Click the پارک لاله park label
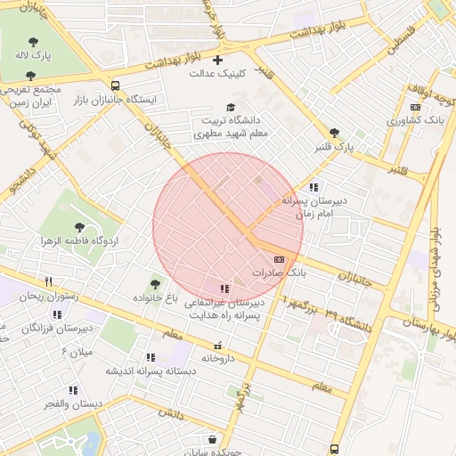[34, 55]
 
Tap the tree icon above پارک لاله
[34, 41]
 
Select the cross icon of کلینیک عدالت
[217, 60]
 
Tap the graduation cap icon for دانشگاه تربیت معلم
[231, 107]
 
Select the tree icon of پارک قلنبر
[334, 132]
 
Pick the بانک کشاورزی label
[422, 119]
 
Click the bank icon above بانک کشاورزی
[415, 107]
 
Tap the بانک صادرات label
[278, 273]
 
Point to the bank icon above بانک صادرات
[280, 258]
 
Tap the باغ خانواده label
[157, 297]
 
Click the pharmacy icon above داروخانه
[218, 345]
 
